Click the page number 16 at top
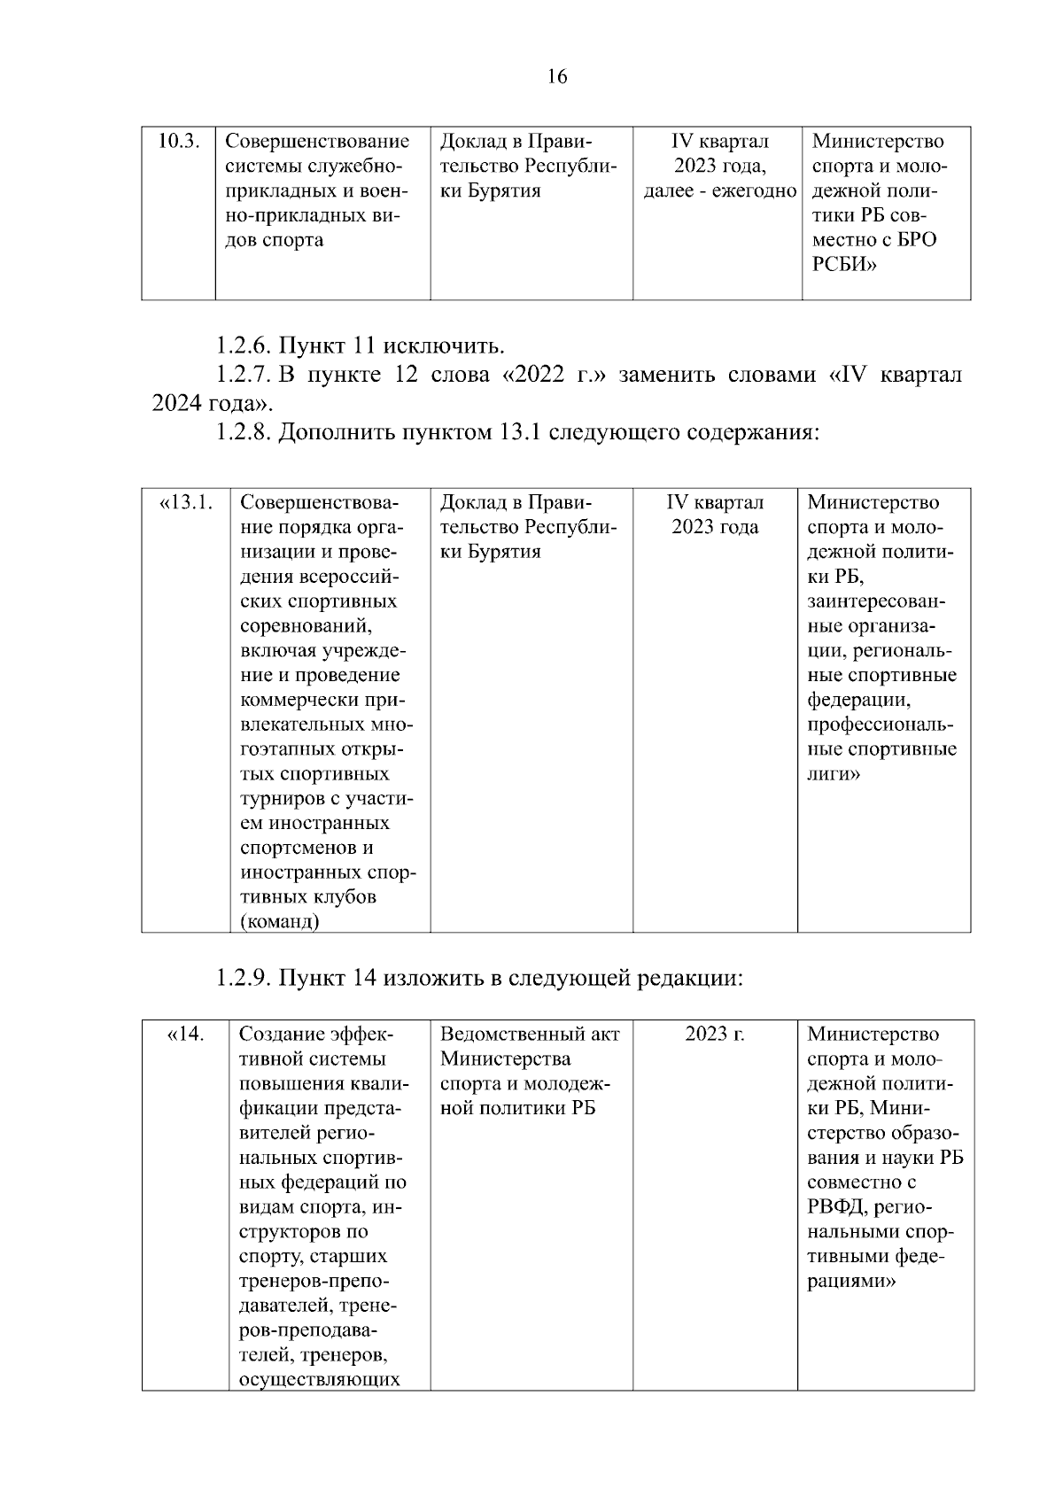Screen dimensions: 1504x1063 [556, 77]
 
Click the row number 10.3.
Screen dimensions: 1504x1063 [177, 142]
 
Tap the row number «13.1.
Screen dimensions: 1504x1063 [186, 503]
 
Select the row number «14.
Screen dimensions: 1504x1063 [186, 1035]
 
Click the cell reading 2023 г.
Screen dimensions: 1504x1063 [714, 1035]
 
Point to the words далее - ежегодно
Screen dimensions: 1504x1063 [719, 191]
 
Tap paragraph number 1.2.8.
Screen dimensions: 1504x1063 [245, 433]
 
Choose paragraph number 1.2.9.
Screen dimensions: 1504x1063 [245, 979]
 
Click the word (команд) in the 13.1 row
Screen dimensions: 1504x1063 [280, 922]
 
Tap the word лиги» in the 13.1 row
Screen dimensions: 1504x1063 [834, 774]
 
